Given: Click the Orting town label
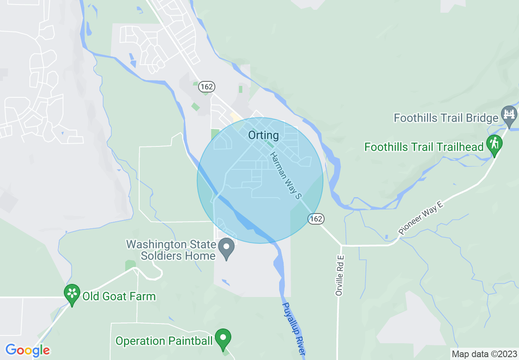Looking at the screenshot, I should [264, 135].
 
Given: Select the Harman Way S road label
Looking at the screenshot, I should [286, 175].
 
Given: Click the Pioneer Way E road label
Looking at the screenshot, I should [421, 218].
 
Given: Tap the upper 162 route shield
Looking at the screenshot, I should [206, 87].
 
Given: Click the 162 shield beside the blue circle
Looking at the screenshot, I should [316, 219].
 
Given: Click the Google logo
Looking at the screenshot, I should [27, 350].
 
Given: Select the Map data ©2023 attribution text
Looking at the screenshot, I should [483, 353].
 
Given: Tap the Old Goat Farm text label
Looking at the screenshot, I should [119, 296].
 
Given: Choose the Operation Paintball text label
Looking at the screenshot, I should [164, 341].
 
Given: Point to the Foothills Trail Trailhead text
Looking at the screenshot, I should [424, 147].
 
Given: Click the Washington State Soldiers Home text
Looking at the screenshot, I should [171, 250].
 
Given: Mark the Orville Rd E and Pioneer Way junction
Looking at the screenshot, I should [341, 245].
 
